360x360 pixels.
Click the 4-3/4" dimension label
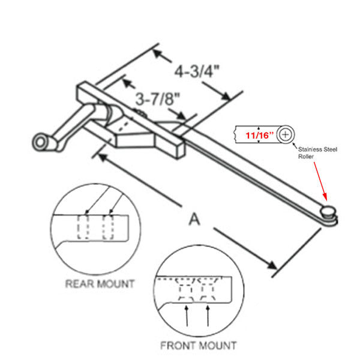[x=197, y=71]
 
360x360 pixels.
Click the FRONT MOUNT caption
[x=198, y=345]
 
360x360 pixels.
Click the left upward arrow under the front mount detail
[x=188, y=315]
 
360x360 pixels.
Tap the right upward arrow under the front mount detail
[x=208, y=315]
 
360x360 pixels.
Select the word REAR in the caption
[x=77, y=283]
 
